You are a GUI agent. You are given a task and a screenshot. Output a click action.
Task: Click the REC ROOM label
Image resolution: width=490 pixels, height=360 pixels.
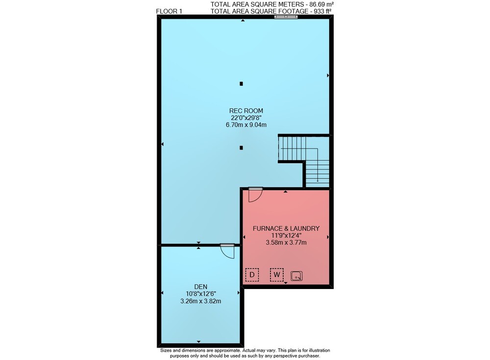click(x=246, y=111)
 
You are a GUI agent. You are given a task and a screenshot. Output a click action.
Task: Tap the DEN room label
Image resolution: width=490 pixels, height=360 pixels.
click(x=200, y=287)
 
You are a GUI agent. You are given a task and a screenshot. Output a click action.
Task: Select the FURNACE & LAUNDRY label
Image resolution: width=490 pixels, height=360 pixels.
click(x=286, y=228)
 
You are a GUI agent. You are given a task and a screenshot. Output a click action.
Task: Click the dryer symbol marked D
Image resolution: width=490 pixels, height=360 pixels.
click(x=252, y=275)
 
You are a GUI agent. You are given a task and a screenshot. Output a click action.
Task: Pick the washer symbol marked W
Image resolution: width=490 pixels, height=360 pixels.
click(x=276, y=275)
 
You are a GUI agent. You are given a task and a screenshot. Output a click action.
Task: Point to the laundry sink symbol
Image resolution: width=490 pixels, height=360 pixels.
click(x=296, y=276)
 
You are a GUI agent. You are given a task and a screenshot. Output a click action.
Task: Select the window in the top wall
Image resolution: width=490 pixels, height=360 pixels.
click(x=286, y=17)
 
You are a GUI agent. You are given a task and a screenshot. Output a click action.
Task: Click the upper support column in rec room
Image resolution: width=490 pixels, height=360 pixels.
click(x=241, y=84)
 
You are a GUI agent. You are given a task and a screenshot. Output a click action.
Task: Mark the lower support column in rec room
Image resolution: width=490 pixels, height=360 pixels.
click(x=241, y=148)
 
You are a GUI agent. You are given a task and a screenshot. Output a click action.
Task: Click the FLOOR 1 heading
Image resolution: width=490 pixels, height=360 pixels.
click(x=169, y=11)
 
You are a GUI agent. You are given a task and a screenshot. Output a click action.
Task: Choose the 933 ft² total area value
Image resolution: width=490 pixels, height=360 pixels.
click(x=320, y=11)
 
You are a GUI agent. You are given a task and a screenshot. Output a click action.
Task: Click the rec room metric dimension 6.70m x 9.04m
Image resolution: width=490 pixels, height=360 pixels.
click(x=246, y=125)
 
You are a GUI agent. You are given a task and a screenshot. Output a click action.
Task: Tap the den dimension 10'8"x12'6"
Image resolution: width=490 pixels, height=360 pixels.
click(x=200, y=294)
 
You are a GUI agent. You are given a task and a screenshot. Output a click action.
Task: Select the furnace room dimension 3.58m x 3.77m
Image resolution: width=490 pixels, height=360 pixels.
click(x=286, y=242)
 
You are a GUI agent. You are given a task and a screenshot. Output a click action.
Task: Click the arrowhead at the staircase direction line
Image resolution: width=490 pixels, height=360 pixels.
click(x=318, y=180)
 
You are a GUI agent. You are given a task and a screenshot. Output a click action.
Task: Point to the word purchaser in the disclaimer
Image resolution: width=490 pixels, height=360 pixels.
click(x=309, y=356)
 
